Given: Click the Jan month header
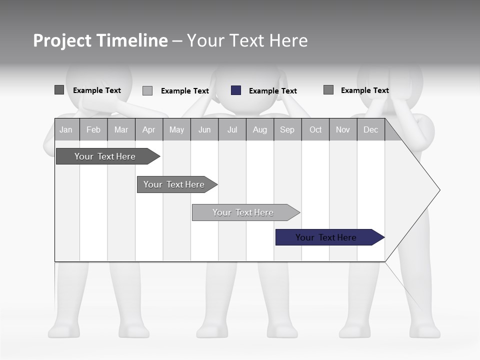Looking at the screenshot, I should point(66,130).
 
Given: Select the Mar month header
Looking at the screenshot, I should point(121,130).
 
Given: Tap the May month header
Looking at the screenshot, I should point(176,130).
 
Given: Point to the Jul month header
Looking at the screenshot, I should point(232,130).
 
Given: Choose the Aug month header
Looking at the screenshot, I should point(259,130).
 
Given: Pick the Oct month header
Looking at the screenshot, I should point(315,130).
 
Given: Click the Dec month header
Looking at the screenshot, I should point(370,130).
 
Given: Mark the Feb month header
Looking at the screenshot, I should point(93,130).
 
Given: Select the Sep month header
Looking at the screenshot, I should point(287,130).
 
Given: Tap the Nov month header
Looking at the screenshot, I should point(342,130).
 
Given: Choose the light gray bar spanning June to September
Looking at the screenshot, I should point(243,212).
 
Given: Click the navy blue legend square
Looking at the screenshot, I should point(236,90).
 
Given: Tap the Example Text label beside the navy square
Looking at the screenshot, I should point(272,91).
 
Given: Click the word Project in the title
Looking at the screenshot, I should point(62,40).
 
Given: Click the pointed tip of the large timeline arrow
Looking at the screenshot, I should point(439,190).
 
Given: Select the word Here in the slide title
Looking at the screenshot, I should point(288,40).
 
